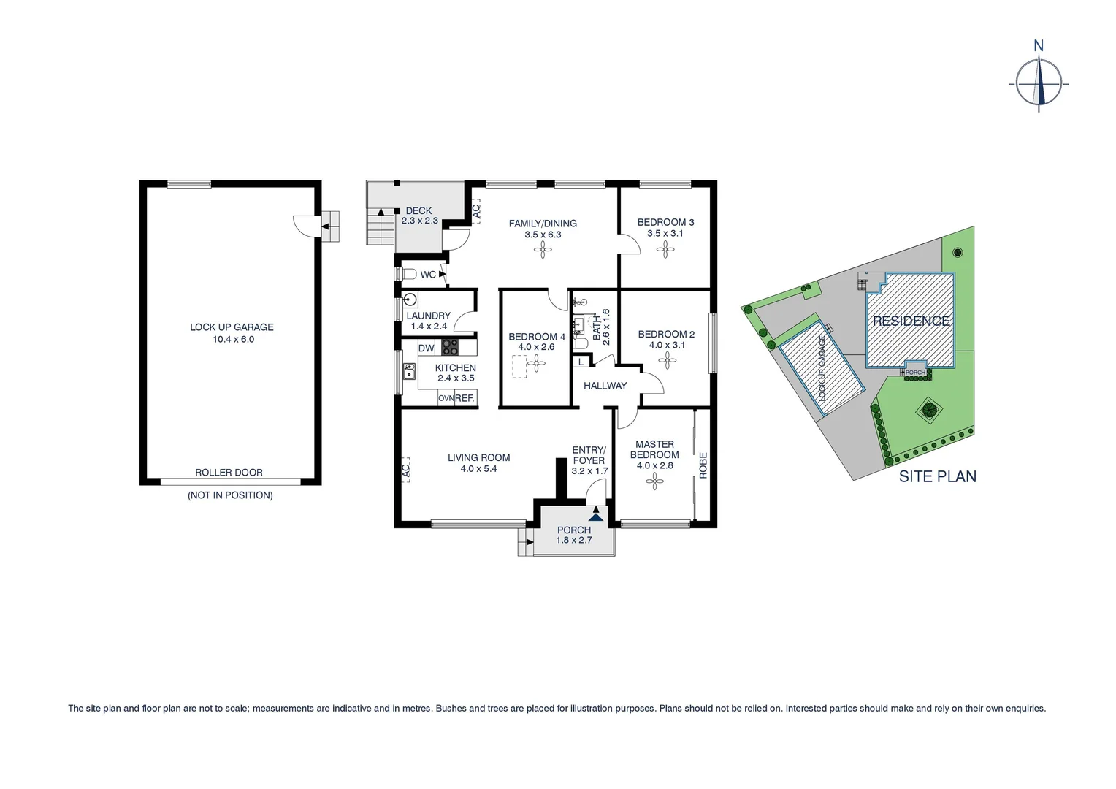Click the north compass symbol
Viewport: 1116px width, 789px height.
[1039, 83]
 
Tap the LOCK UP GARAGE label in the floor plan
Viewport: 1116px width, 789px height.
[232, 327]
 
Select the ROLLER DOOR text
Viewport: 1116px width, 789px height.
[229, 473]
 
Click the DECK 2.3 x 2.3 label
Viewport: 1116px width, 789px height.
[419, 216]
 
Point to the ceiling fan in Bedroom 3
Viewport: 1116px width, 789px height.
[665, 251]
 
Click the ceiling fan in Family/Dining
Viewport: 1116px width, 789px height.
[543, 251]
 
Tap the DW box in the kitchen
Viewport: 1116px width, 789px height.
[426, 348]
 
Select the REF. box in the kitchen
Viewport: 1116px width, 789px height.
[465, 398]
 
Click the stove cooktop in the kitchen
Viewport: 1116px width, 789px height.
[450, 347]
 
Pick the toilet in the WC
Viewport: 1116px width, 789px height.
[408, 275]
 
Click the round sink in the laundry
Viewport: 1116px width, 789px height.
[410, 300]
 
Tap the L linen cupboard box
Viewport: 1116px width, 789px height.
[581, 362]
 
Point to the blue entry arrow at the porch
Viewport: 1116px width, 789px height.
[597, 516]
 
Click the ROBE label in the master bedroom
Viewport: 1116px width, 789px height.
[703, 465]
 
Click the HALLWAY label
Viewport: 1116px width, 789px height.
[605, 386]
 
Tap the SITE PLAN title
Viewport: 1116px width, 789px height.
[937, 476]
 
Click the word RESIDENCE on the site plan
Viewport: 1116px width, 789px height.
[911, 321]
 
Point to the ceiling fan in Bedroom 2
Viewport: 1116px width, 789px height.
[667, 359]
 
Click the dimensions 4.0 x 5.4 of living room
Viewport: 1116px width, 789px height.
[478, 469]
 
